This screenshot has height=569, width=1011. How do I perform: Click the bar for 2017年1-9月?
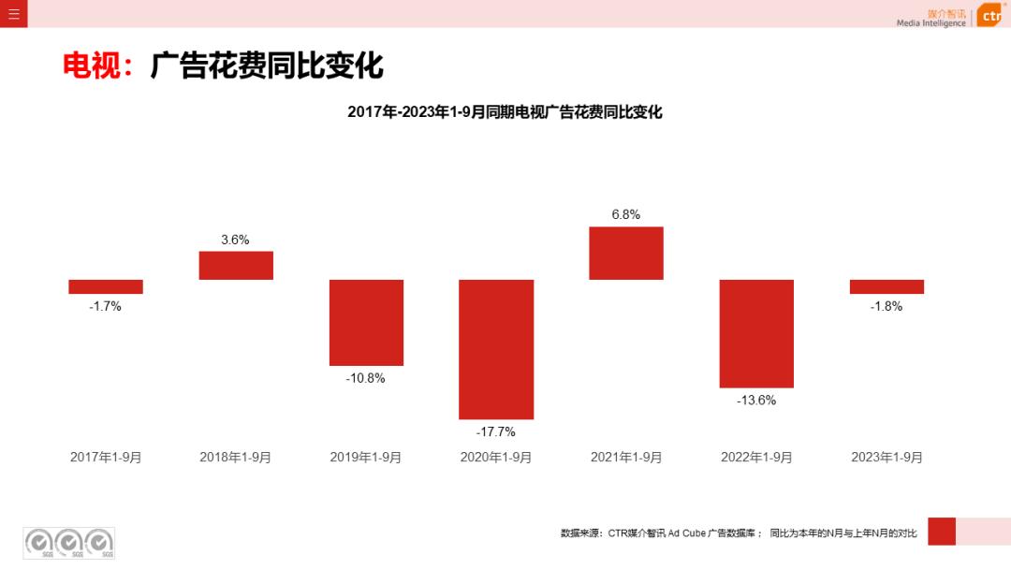[106, 286]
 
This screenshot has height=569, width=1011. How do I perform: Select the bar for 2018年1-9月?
[236, 265]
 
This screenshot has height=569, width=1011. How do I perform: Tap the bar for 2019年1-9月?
[366, 322]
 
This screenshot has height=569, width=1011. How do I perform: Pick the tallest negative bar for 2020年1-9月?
[496, 349]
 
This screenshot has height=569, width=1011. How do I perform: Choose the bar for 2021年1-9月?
[626, 253]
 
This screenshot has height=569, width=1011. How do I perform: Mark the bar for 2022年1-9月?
[756, 333]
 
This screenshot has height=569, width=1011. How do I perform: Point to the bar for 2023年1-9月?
[886, 286]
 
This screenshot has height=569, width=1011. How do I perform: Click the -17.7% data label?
[496, 431]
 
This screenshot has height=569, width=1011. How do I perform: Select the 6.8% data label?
[626, 214]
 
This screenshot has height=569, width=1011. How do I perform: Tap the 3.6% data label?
[235, 240]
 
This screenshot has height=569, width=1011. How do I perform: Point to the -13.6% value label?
[756, 400]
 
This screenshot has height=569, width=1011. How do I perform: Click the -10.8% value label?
[366, 378]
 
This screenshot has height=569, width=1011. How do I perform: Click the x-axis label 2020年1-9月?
[496, 458]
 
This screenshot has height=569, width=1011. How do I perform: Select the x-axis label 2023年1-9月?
[886, 458]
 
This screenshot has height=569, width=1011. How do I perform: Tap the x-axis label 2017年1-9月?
[106, 458]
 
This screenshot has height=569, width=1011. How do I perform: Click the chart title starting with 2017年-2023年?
[505, 112]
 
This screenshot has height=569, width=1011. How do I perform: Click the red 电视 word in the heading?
[92, 66]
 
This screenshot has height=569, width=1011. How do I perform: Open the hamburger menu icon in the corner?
[14, 13]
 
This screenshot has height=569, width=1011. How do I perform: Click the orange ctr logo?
[990, 16]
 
